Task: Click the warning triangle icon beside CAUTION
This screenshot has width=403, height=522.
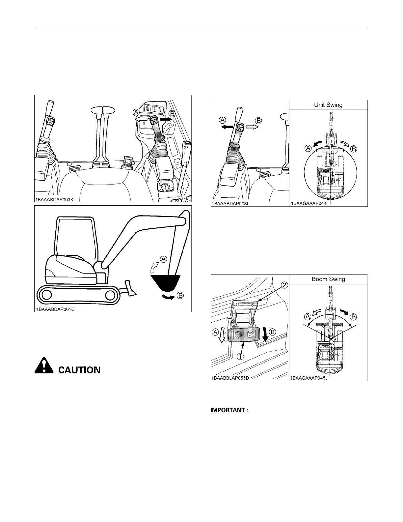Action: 44,365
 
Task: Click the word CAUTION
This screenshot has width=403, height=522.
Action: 79,370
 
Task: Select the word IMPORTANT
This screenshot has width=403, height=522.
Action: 227,410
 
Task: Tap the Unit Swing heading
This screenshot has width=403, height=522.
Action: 328,105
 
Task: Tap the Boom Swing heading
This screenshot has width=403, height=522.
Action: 328,279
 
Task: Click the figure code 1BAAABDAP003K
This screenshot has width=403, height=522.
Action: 57,200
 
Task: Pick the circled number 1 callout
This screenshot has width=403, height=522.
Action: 241,356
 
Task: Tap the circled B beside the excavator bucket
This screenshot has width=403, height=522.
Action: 180,295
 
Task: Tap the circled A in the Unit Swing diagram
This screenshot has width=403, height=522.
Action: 308,148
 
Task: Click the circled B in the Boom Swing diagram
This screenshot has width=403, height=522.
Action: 353,317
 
